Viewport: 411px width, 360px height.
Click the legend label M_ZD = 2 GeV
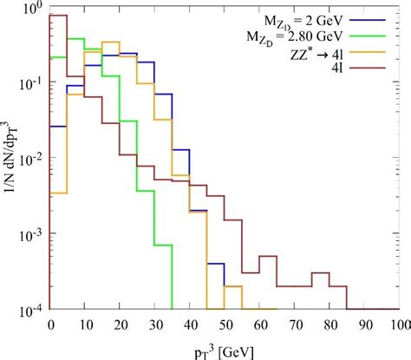[296, 19]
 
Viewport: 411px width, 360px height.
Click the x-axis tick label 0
[50, 324]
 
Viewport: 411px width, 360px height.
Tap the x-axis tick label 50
[225, 324]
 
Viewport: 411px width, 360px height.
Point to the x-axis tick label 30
[155, 324]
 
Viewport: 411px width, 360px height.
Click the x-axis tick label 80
[330, 324]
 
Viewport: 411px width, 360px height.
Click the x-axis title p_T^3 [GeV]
[225, 346]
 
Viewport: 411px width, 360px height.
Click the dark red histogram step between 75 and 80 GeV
[321, 273]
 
